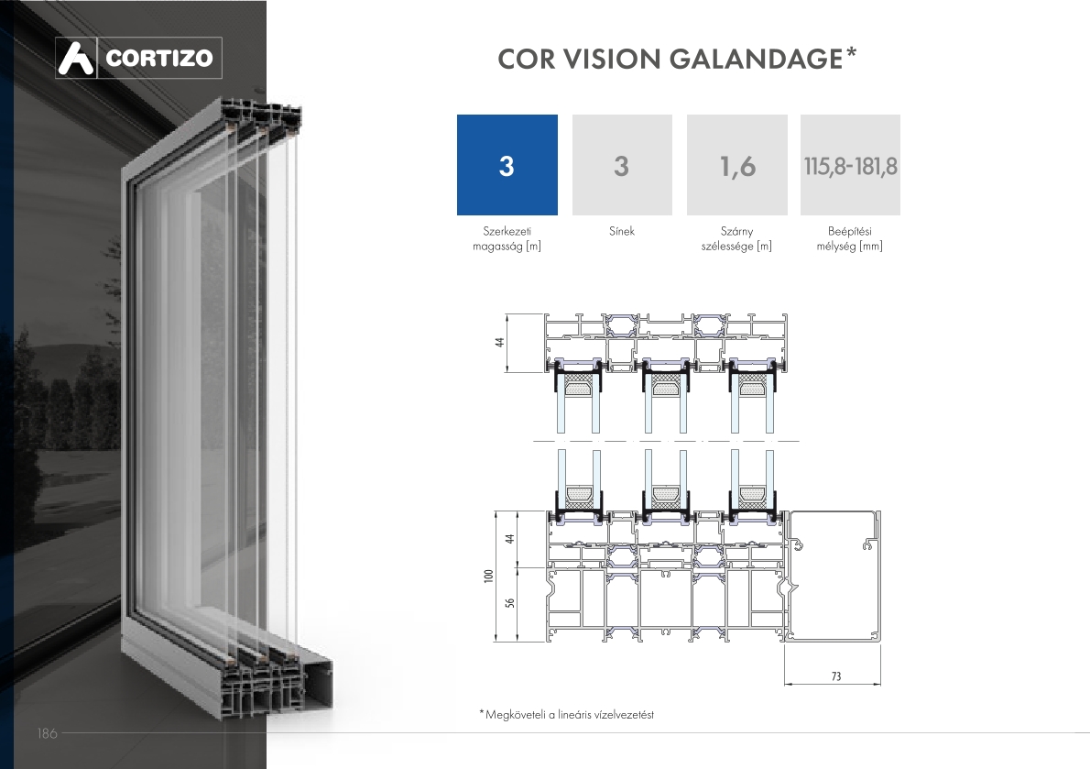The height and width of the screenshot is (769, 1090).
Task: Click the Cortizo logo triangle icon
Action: point(76,58)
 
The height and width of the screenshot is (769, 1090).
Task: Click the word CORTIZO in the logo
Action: point(159,58)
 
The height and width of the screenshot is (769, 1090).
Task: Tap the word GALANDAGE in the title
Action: point(756,59)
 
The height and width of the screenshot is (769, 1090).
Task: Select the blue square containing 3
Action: point(507,165)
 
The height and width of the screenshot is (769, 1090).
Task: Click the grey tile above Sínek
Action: point(622,165)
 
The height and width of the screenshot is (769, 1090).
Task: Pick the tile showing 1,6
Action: point(736,165)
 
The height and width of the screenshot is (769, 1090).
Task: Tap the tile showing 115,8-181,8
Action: point(850,165)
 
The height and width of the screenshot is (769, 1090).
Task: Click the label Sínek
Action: point(621,231)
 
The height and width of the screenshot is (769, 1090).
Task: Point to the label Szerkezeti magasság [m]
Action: point(507,238)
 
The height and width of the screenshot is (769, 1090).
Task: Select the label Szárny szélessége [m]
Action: point(736,238)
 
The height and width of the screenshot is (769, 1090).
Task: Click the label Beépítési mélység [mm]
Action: point(849,238)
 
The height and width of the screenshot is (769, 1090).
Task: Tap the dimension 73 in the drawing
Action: point(836,676)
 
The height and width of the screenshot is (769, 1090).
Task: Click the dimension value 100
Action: point(489,576)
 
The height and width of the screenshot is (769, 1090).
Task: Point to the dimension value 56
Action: point(510,603)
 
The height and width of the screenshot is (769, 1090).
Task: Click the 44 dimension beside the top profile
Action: point(500,342)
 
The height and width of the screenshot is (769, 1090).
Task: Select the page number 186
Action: point(48,733)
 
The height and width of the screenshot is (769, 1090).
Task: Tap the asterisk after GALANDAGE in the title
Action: point(851,53)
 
